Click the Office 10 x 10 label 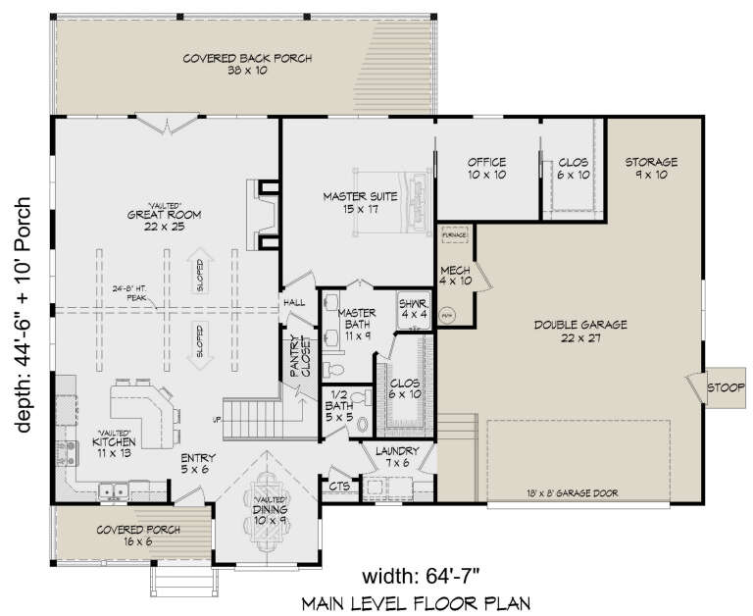pyautogui.click(x=486, y=168)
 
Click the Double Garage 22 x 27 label pyautogui.click(x=581, y=330)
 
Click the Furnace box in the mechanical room pyautogui.click(x=453, y=236)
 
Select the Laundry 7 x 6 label pyautogui.click(x=398, y=455)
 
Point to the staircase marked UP pyautogui.click(x=252, y=417)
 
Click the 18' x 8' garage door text pyautogui.click(x=566, y=493)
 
